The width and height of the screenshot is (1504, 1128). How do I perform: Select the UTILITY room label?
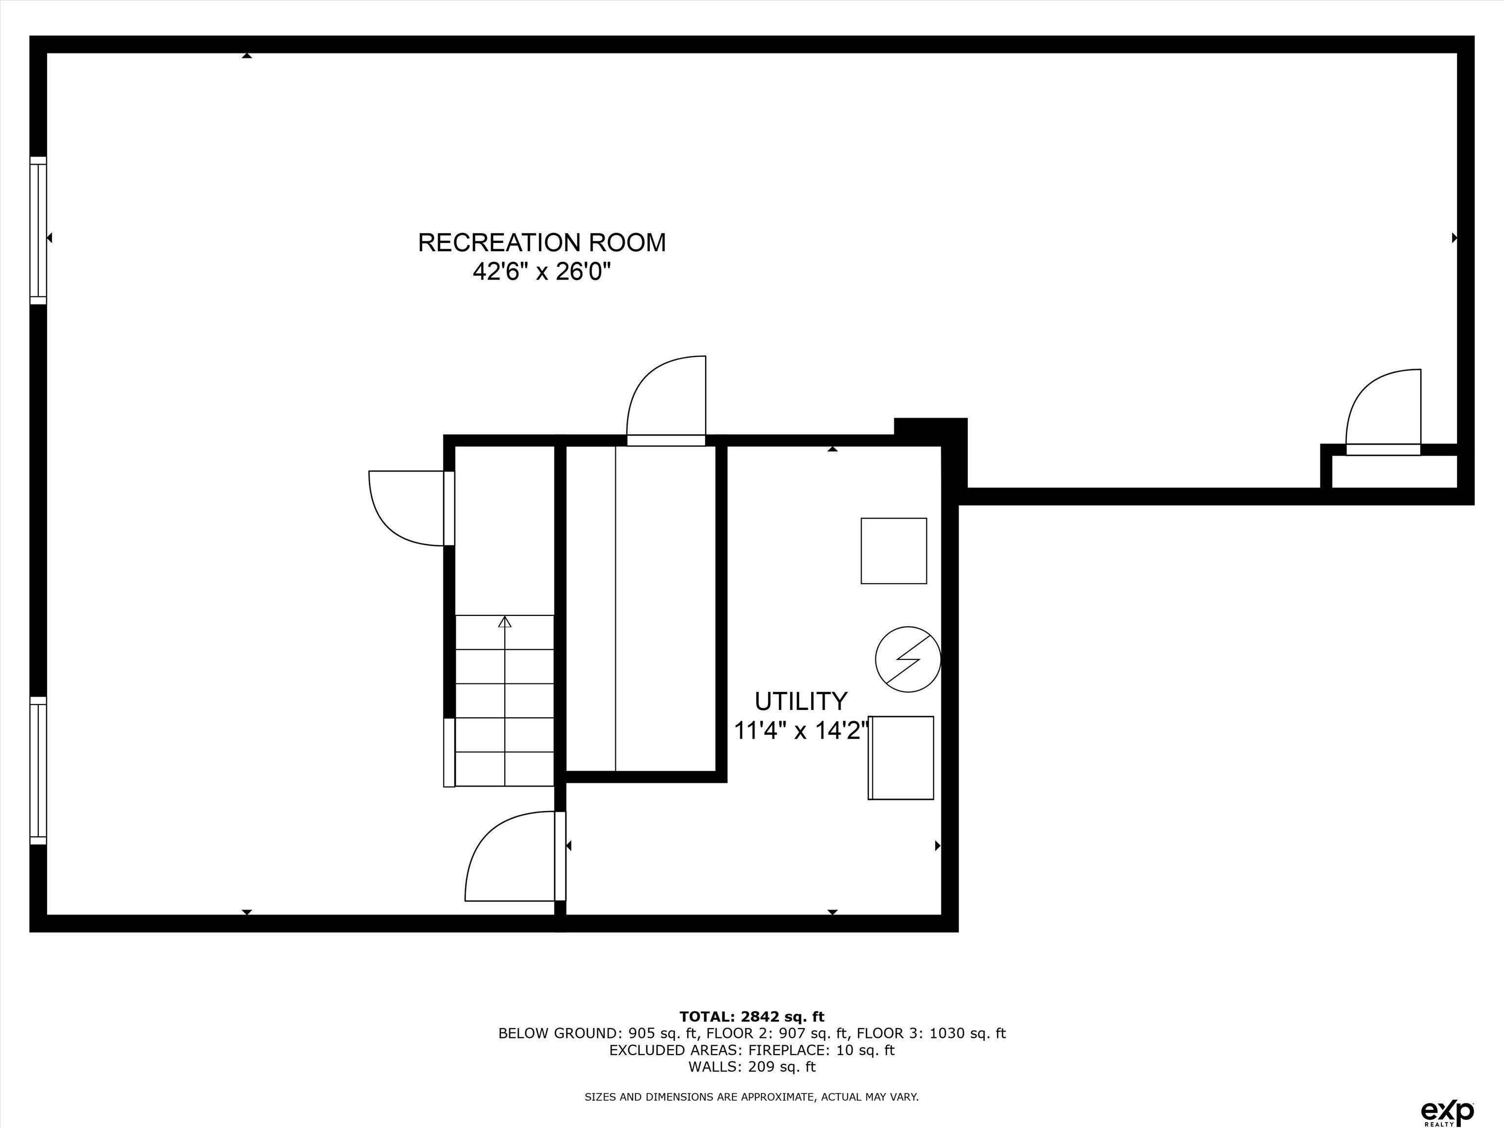click(801, 701)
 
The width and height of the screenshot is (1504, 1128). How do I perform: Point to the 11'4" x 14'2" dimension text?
click(801, 731)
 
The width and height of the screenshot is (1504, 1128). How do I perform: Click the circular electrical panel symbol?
click(907, 659)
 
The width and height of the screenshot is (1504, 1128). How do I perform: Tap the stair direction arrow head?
click(504, 621)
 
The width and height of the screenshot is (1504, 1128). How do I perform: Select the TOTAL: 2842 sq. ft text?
click(752, 1016)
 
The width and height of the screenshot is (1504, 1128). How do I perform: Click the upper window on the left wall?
click(38, 231)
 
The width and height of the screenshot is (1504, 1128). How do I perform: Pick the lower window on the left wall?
click(38, 770)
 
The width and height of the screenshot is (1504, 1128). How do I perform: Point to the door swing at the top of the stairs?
click(406, 507)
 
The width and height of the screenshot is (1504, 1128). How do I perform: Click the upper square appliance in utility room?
click(893, 551)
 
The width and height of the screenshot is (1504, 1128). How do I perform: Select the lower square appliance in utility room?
click(902, 757)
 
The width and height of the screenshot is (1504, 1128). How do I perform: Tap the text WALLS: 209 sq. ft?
click(752, 1067)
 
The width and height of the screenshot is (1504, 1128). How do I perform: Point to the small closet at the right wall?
click(1393, 471)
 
